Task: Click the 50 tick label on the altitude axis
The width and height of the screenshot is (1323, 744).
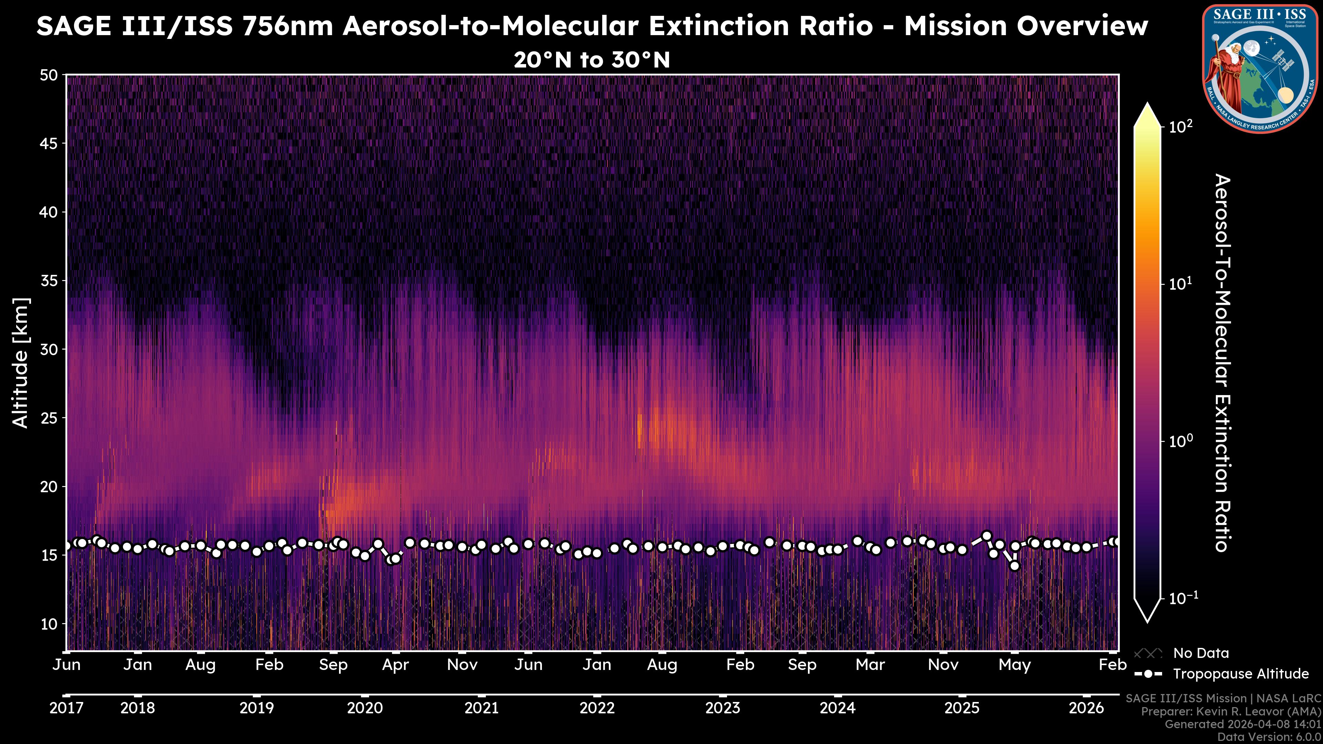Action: pyautogui.click(x=49, y=75)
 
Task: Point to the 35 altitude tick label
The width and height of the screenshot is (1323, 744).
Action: pyautogui.click(x=49, y=281)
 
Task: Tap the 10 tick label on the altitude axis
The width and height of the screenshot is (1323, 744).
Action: pyautogui.click(x=49, y=624)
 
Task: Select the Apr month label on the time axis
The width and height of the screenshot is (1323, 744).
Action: pyautogui.click(x=396, y=665)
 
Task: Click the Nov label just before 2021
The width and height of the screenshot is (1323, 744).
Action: pyautogui.click(x=462, y=665)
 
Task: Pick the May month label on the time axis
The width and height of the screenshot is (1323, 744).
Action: pyautogui.click(x=1014, y=665)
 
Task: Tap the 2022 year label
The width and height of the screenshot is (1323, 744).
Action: pyautogui.click(x=597, y=708)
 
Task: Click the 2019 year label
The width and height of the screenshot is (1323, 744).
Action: pyautogui.click(x=257, y=708)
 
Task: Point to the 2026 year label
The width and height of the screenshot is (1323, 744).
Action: pyautogui.click(x=1086, y=708)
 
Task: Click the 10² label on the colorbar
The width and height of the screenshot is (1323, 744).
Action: pyautogui.click(x=1181, y=126)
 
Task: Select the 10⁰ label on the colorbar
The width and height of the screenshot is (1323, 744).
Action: pyautogui.click(x=1181, y=441)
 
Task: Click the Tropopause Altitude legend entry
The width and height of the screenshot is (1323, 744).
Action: pyautogui.click(x=1240, y=674)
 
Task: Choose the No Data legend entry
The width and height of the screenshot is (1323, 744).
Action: pyautogui.click(x=1201, y=653)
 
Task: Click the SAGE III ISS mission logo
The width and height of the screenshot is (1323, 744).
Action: pyautogui.click(x=1260, y=68)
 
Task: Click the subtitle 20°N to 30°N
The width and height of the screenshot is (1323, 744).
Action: pyautogui.click(x=592, y=60)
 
